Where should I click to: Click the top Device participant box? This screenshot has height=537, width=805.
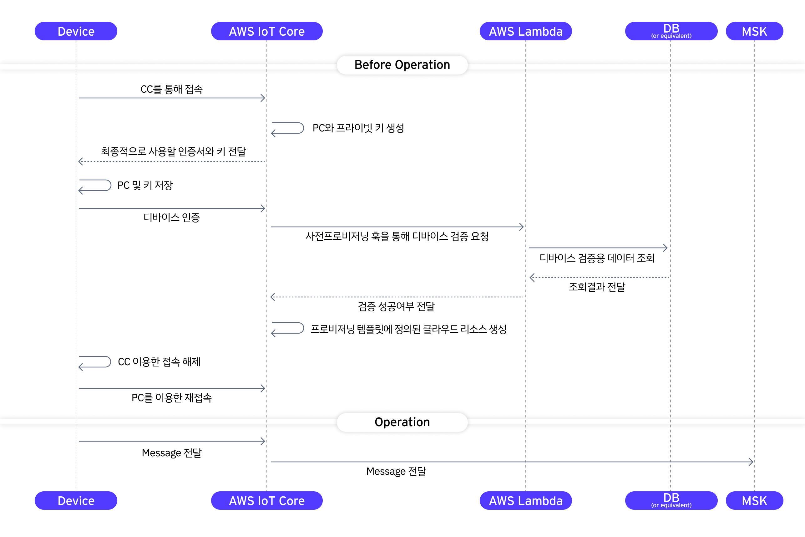click(76, 31)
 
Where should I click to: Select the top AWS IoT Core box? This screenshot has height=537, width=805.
click(267, 31)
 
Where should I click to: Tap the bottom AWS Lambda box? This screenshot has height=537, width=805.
click(526, 500)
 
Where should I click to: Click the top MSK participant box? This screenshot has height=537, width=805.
click(754, 31)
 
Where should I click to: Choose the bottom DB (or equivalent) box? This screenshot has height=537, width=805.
click(671, 500)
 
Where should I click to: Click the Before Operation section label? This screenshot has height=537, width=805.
click(402, 65)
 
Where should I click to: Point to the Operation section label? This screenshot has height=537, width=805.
click(402, 422)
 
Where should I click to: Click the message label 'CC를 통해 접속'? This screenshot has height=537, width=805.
click(171, 89)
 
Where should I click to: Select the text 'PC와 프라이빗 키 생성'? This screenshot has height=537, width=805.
click(358, 128)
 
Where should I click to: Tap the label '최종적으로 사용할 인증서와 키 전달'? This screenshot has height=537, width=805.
click(174, 151)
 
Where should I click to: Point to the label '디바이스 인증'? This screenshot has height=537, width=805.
click(171, 217)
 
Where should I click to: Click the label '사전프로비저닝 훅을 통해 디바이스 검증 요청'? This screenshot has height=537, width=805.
click(397, 236)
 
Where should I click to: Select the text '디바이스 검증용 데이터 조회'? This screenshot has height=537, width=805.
click(597, 258)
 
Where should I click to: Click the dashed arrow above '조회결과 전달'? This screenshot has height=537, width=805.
click(599, 277)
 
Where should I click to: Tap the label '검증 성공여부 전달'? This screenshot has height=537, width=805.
click(396, 306)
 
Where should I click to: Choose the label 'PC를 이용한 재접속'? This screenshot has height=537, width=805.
click(171, 398)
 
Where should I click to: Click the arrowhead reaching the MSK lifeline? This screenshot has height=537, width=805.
click(751, 462)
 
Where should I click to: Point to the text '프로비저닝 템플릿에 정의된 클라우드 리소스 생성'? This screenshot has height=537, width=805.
click(409, 329)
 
